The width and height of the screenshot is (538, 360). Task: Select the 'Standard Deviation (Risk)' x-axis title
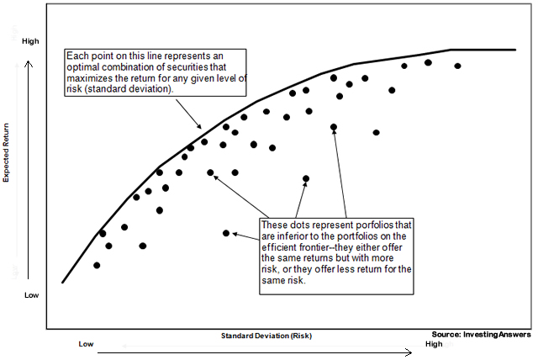coord(266,335)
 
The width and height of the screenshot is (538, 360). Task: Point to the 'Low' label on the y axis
coord(31,295)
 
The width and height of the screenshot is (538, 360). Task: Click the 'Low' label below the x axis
coord(86,344)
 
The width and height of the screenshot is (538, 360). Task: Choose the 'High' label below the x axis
coord(434,344)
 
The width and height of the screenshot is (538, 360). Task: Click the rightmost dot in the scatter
coord(457,66)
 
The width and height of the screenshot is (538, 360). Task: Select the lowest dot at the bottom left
coord(97,265)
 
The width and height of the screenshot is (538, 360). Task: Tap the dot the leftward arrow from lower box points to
coord(225,233)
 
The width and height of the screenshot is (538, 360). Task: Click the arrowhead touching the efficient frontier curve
coord(200,126)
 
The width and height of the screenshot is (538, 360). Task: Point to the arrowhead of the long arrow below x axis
coord(409,353)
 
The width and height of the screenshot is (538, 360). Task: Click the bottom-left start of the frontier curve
coord(62,282)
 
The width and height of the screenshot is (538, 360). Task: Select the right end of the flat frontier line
coord(514,50)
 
